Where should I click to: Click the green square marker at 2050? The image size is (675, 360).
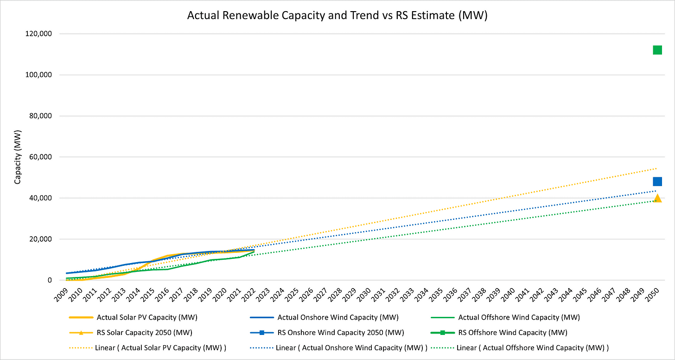[657, 50]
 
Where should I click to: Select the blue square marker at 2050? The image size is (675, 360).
[657, 181]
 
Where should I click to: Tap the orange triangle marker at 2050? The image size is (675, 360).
[657, 199]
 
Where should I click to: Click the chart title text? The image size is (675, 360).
[337, 15]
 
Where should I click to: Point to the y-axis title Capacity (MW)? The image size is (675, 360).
[18, 157]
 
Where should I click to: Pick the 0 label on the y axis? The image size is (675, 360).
[49, 280]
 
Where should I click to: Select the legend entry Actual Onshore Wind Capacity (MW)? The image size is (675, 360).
[338, 318]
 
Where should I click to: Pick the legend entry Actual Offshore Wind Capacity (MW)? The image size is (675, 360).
[519, 318]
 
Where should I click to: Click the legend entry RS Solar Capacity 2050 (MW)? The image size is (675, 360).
[144, 333]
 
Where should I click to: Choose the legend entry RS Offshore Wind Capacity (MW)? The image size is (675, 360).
[513, 333]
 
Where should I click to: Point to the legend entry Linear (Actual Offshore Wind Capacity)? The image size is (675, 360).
[532, 347]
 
